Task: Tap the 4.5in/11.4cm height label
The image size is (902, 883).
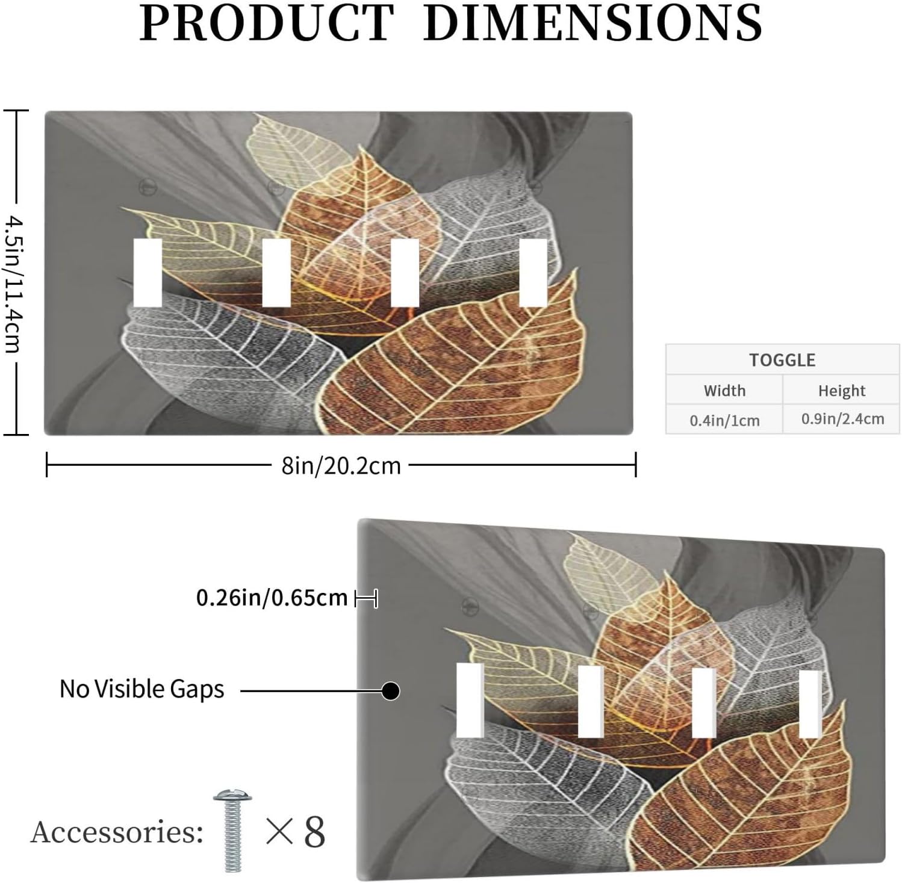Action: (x=14, y=283)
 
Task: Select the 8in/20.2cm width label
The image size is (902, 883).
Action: (x=341, y=466)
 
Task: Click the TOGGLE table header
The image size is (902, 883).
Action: (x=782, y=360)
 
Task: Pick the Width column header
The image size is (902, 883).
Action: (x=724, y=391)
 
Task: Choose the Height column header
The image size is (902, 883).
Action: (x=841, y=391)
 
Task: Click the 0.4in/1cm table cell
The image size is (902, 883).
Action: (x=724, y=420)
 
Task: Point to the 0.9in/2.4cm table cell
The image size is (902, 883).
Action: (x=842, y=419)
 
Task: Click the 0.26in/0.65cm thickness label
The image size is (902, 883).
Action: (x=272, y=598)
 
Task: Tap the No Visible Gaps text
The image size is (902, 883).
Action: (x=142, y=689)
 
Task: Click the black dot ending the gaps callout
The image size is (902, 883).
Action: (x=391, y=690)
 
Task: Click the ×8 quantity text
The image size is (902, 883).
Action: (x=296, y=832)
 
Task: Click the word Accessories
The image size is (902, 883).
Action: (x=117, y=832)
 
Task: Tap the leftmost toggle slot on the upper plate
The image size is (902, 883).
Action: (x=148, y=273)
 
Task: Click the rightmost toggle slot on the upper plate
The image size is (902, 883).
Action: (x=533, y=273)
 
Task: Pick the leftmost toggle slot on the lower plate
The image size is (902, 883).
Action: (x=470, y=700)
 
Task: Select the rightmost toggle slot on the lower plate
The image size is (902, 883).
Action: (x=810, y=704)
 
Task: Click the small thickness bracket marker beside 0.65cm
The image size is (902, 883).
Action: (x=366, y=598)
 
